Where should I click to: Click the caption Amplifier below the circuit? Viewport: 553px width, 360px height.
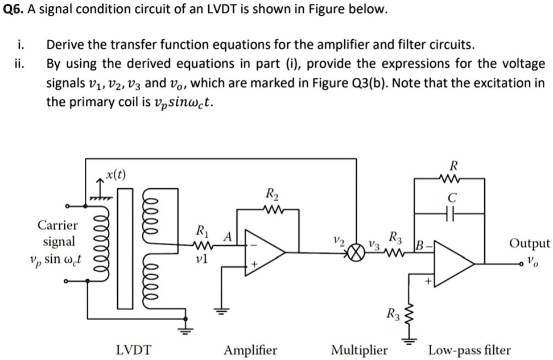click(x=250, y=350)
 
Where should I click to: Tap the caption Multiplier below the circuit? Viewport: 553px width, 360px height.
click(x=359, y=350)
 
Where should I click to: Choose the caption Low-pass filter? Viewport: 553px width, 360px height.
click(x=469, y=350)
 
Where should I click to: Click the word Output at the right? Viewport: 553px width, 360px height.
click(x=530, y=243)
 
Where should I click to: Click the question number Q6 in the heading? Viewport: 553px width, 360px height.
click(x=12, y=10)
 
